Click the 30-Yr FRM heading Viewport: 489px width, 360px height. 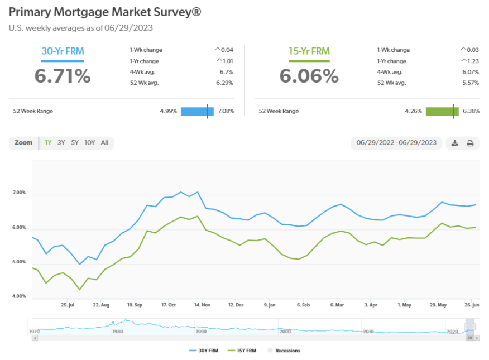[63, 51]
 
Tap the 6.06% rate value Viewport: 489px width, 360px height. [309, 76]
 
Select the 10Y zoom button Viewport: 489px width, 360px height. [89, 143]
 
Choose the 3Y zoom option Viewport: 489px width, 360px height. [61, 143]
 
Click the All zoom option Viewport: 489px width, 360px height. [104, 143]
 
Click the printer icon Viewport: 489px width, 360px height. [470, 143]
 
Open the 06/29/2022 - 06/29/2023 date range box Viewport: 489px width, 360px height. [396, 143]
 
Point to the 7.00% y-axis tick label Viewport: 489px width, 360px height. [19, 193]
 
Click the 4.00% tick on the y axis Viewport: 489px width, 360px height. [19, 296]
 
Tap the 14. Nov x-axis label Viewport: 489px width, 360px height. [202, 305]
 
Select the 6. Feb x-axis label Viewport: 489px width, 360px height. [303, 305]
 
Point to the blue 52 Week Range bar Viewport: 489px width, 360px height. [196, 111]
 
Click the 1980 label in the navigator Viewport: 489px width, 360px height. [117, 331]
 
